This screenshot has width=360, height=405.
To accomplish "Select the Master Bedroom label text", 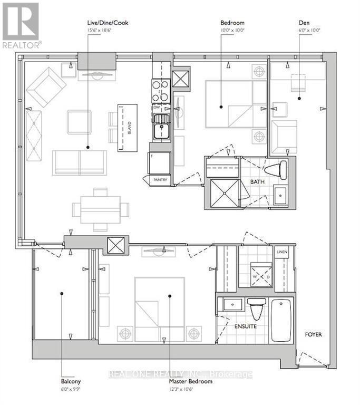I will (x=191, y=381).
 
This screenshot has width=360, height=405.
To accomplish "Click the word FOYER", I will (x=313, y=335).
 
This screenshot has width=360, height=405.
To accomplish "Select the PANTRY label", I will (x=161, y=180).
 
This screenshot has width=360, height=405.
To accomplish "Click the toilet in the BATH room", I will (x=276, y=169).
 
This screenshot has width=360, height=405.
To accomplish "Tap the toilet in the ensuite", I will (x=257, y=310).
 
